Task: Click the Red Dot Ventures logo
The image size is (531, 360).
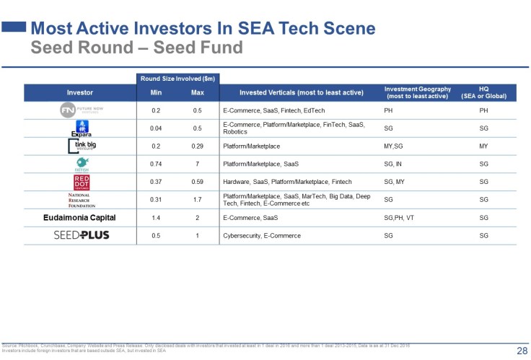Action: coord(80,182)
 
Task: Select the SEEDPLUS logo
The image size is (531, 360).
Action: coord(82,235)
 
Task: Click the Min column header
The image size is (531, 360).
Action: coord(156,93)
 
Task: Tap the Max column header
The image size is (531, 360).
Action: coord(197,93)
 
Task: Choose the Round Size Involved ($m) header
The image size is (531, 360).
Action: coord(177,78)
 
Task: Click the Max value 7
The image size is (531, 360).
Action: coord(197,164)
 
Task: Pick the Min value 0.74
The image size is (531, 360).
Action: coord(156,164)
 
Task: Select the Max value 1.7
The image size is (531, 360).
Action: coord(197,199)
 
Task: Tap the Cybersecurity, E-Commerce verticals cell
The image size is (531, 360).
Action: coord(262,235)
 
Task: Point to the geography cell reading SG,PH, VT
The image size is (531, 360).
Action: coord(399,217)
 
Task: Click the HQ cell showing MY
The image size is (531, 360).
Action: coord(483,146)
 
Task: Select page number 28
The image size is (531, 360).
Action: coord(521,351)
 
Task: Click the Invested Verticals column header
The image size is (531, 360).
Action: coord(299,93)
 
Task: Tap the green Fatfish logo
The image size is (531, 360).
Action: coord(80,164)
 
